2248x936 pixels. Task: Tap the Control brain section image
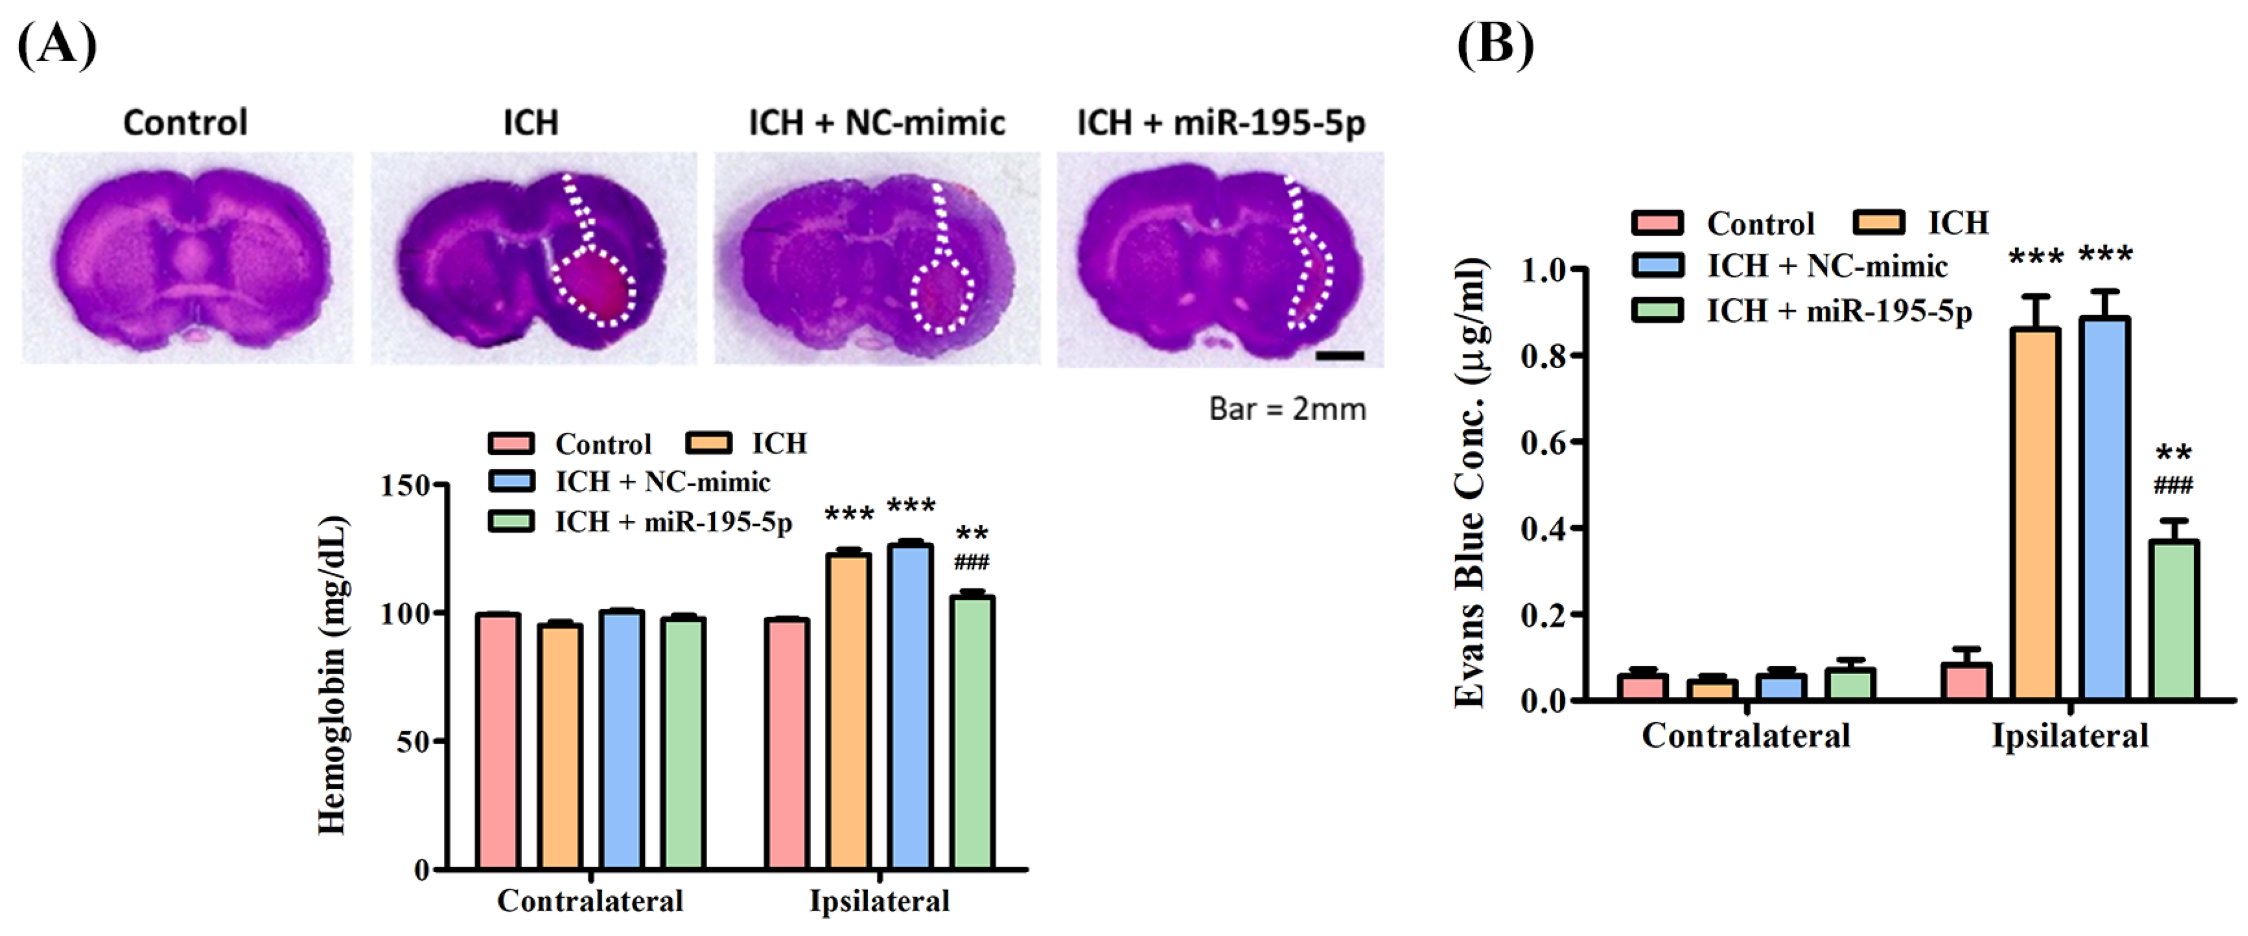(188, 257)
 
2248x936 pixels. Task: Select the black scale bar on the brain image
(1339, 355)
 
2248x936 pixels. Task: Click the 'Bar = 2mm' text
(1287, 408)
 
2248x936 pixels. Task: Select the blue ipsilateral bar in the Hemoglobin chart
(910, 706)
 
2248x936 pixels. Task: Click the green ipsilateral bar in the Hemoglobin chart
(972, 733)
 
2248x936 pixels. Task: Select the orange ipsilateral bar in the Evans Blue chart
(2035, 515)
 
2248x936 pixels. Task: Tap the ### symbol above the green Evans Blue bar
(2173, 485)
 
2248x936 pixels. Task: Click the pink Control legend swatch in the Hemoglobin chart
(511, 443)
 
